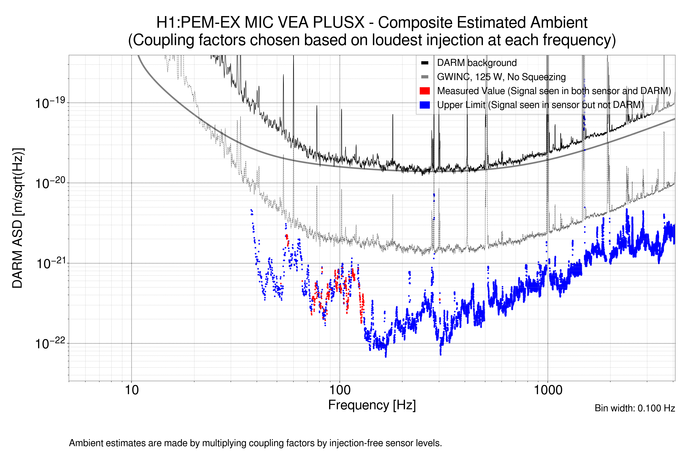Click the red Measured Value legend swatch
coord(425,91)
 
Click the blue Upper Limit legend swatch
coord(425,105)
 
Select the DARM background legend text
coord(477,63)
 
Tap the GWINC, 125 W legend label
coord(501,77)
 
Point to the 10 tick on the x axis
coord(131,390)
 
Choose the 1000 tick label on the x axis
coord(548,390)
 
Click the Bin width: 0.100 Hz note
coord(634,408)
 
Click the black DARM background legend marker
coord(425,63)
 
